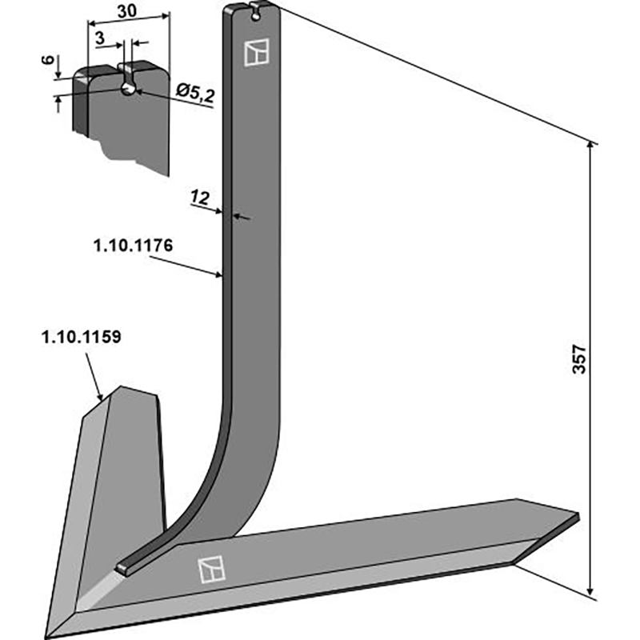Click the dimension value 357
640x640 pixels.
point(582,361)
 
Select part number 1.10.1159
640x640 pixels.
point(80,337)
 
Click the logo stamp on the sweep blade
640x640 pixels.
point(210,570)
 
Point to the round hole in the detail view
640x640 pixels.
point(129,89)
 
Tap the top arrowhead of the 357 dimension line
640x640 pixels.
point(592,144)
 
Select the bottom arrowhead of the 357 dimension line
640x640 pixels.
point(592,596)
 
